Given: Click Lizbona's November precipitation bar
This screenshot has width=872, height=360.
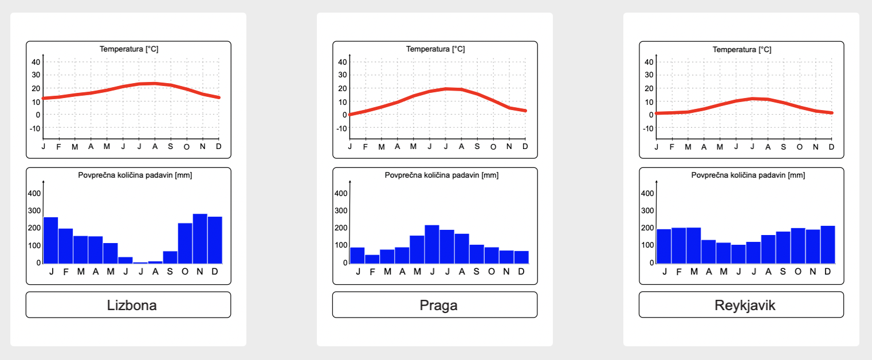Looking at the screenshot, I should pyautogui.click(x=200, y=238).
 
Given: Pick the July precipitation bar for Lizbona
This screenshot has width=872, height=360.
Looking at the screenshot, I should pyautogui.click(x=140, y=262).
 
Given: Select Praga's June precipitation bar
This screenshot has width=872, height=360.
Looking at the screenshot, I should pyautogui.click(x=432, y=244).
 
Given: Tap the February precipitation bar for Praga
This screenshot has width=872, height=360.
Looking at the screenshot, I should pyautogui.click(x=372, y=259).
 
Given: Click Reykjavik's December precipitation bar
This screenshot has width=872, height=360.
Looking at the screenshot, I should pyautogui.click(x=828, y=245).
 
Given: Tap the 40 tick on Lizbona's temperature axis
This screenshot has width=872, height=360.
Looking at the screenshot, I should pyautogui.click(x=35, y=62).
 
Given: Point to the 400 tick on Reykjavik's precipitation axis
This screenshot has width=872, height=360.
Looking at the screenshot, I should pyautogui.click(x=647, y=193).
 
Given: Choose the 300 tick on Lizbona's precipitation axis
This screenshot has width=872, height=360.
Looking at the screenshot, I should pyautogui.click(x=34, y=210).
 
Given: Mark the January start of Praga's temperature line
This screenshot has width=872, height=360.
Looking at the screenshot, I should pyautogui.click(x=350, y=115).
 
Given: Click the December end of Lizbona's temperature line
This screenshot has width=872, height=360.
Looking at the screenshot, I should pyautogui.click(x=218, y=97).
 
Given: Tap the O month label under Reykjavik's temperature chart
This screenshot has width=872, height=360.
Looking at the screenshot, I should pyautogui.click(x=799, y=147).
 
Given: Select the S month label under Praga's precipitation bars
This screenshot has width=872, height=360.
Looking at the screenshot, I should pyautogui.click(x=477, y=271).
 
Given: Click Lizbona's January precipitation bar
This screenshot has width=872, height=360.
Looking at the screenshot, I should pyautogui.click(x=51, y=240).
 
